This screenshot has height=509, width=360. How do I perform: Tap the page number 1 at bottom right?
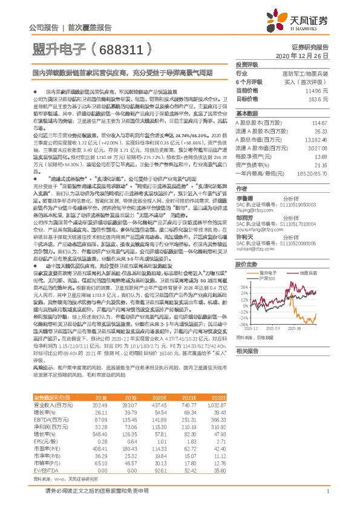[327, 491]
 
